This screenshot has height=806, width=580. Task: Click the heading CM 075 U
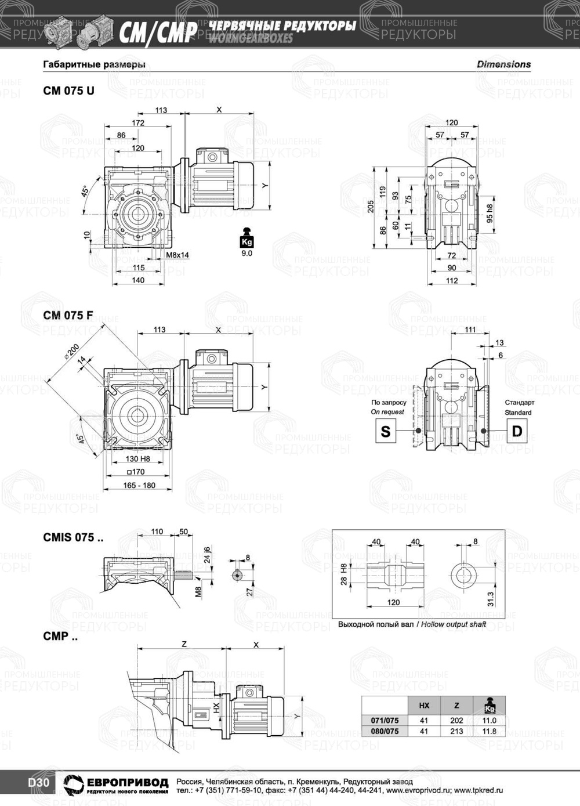point(68,91)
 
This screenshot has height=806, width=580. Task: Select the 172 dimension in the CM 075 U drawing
point(138,122)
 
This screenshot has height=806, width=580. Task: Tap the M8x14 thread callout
point(177,255)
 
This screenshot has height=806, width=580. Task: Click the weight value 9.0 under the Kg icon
point(246,253)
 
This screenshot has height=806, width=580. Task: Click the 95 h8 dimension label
point(490,214)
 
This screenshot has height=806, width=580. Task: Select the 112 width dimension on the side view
point(452,280)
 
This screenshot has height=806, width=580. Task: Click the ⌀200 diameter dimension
point(72,351)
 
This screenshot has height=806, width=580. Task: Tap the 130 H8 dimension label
point(138,459)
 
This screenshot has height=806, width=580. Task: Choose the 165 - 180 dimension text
point(139,485)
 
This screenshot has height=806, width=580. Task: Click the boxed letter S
point(386,431)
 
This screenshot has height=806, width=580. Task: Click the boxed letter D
point(517,431)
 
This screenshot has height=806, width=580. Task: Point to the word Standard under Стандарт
point(518,413)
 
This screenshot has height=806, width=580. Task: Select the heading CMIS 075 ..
point(73,537)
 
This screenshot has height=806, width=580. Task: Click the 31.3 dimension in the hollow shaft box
point(491,598)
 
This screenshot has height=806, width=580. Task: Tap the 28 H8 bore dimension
point(344,574)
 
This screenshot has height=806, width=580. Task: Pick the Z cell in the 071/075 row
point(456,720)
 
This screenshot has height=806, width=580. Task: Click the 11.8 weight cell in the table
point(490,731)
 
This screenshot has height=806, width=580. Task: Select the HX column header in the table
point(424,706)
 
